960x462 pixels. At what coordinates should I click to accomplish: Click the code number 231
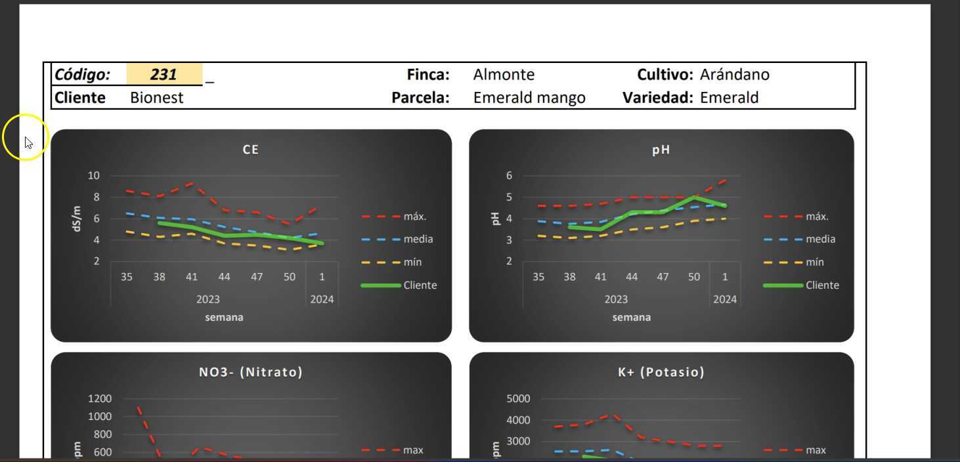point(164,75)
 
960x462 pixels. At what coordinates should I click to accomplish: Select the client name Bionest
point(156,98)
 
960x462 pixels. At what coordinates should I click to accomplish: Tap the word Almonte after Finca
point(504,75)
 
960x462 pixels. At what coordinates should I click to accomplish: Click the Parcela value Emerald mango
point(529,98)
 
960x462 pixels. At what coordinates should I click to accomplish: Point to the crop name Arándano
point(734,75)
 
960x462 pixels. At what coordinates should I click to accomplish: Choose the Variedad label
point(657,98)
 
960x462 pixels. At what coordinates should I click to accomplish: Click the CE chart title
point(251,150)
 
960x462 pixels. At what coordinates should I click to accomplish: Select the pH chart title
point(661,150)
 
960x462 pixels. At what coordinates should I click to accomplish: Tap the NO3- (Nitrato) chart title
point(251,372)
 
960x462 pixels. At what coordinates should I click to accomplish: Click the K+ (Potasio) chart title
point(661,372)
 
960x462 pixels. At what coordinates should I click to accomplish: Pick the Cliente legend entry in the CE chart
point(420,285)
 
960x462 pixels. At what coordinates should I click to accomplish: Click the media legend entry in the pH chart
point(820,240)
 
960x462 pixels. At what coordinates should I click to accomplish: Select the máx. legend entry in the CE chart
point(415,217)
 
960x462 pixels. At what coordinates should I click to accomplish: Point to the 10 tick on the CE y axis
point(93,176)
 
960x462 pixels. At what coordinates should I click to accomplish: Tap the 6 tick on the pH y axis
point(509,176)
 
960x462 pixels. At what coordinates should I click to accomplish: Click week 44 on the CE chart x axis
point(224,277)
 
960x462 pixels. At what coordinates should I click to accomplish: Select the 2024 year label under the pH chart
point(725,299)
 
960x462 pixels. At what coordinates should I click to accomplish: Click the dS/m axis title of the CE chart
point(77,219)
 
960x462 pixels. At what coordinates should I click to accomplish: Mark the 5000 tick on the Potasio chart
point(517,399)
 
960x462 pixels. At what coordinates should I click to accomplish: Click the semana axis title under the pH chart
point(631,318)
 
